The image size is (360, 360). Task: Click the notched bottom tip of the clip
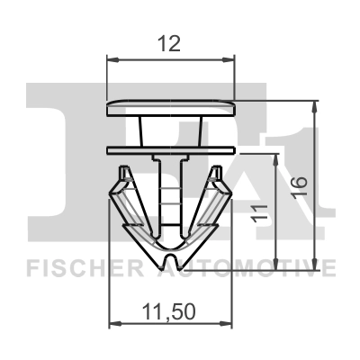pyautogui.click(x=171, y=259)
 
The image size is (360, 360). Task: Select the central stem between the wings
pyautogui.click(x=171, y=193)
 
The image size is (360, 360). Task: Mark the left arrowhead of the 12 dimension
pyautogui.click(x=112, y=60)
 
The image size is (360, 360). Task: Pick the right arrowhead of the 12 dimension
pyautogui.click(x=230, y=60)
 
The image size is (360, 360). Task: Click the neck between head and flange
pyautogui.click(x=171, y=129)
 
